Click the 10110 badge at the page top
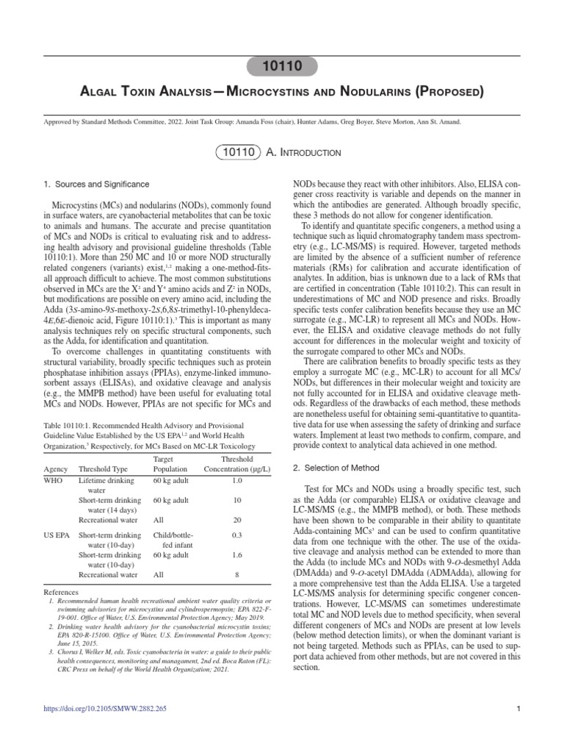pyautogui.click(x=281, y=66)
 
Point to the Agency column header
pyautogui.click(x=56, y=469)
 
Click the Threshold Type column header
pyautogui.click(x=103, y=469)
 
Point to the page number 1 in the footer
pyautogui.click(x=518, y=729)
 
